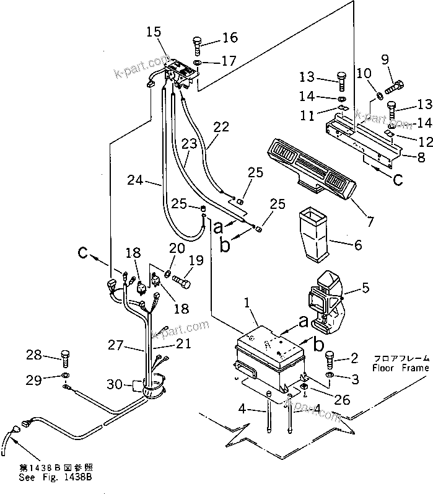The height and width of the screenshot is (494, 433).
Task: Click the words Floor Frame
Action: point(400,368)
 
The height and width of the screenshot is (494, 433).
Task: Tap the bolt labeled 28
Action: point(64,357)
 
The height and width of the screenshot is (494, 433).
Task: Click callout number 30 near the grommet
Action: point(115,384)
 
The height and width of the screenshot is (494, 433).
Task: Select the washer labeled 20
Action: point(168,274)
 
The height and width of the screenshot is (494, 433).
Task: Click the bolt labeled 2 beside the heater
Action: point(330,359)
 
